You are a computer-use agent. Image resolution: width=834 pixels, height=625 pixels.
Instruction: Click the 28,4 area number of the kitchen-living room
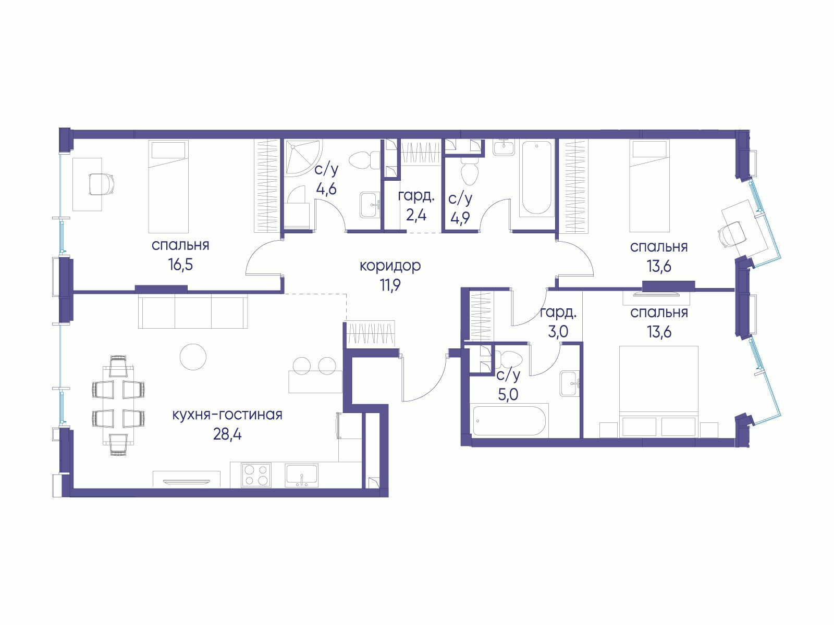point(227,434)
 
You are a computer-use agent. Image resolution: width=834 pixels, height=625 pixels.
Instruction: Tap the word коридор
point(390,266)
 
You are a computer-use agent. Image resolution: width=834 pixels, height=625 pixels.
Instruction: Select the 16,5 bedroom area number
point(180,265)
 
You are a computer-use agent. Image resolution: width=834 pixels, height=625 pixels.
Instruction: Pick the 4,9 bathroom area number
point(460,218)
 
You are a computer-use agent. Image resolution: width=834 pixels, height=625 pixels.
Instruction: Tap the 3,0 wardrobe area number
point(558,332)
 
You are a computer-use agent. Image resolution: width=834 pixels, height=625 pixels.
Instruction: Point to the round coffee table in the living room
point(193,357)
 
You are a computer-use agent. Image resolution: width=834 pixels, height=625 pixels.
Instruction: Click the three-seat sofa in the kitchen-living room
point(193,312)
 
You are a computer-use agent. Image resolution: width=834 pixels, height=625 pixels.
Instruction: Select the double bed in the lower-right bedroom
point(659,391)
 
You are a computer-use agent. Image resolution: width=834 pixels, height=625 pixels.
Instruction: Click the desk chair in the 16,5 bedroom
point(102,184)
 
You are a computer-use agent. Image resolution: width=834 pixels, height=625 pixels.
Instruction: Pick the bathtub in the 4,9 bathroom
point(536,177)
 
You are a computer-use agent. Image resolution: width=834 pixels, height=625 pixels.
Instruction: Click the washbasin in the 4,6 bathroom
point(370,205)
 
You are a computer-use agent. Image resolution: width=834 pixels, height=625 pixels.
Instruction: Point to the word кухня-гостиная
point(227,415)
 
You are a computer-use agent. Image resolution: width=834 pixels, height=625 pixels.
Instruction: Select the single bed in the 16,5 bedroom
point(168,186)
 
